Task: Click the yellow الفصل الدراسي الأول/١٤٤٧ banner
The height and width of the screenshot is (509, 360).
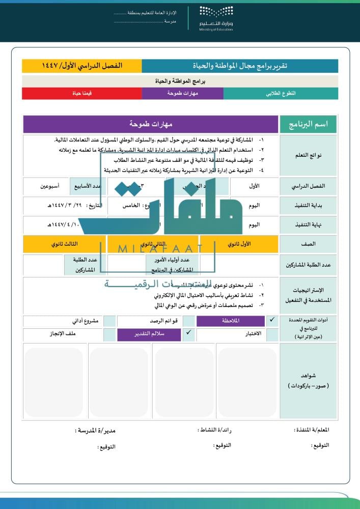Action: (82, 66)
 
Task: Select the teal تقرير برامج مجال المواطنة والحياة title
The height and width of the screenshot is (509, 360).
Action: (239, 66)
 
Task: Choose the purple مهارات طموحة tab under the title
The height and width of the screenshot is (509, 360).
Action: (182, 94)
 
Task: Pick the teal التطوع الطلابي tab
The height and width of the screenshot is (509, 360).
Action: (281, 94)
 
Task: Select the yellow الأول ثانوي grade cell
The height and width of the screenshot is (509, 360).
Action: (239, 244)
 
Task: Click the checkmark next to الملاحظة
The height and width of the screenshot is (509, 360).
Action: (272, 320)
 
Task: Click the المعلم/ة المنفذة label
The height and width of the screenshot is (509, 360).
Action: (312, 430)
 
